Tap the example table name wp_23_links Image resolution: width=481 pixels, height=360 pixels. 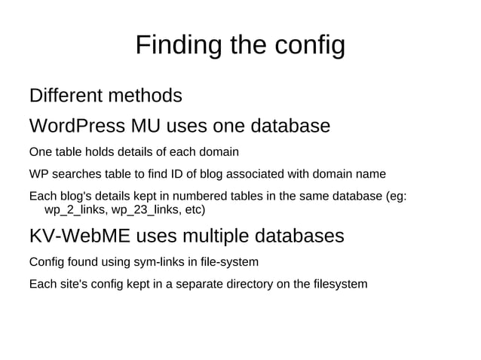pos(143,209)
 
